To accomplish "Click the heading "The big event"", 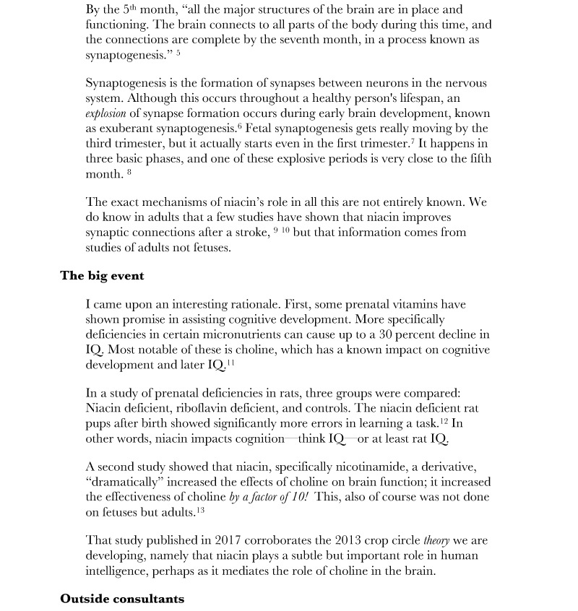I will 102,276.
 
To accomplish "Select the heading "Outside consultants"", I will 122,599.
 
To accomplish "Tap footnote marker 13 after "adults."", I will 200,511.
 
